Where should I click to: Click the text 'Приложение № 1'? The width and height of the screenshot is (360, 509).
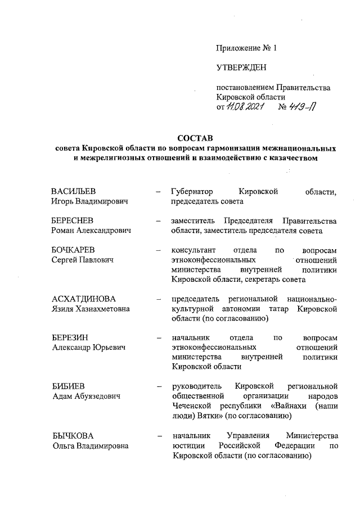pos(247,48)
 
